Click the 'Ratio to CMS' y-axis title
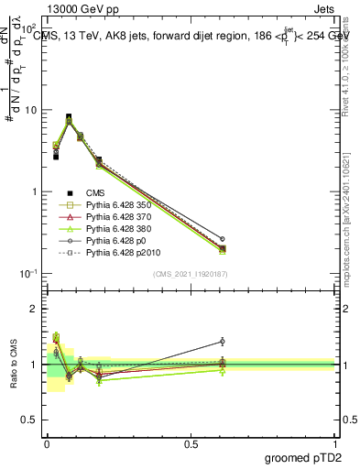coord(15,365)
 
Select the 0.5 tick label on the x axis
coord(191,444)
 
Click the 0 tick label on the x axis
coord(47,444)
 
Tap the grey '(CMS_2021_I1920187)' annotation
coord(191,274)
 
